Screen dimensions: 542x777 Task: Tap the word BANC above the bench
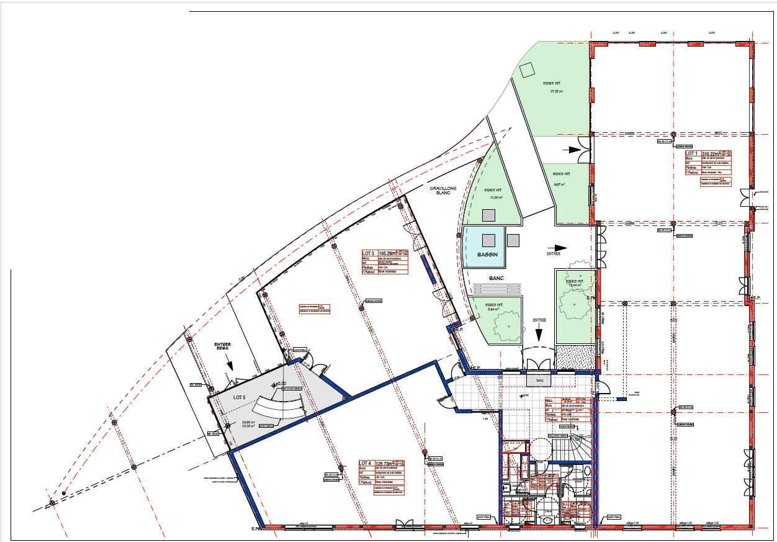(496, 278)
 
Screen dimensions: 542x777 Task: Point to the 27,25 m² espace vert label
(555, 87)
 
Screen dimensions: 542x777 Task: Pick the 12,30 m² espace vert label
(495, 193)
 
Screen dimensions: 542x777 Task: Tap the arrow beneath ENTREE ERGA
(229, 366)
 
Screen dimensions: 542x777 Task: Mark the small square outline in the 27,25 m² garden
(528, 70)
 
